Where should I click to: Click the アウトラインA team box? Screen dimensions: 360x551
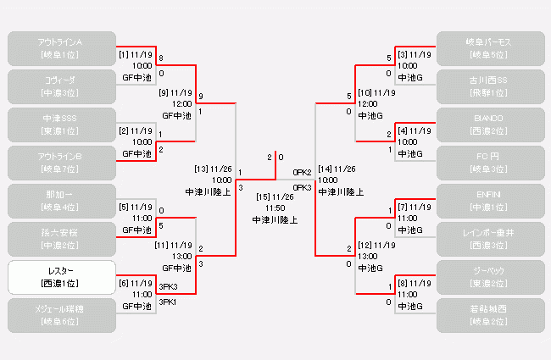point(61,47)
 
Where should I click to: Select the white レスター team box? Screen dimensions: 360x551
point(61,277)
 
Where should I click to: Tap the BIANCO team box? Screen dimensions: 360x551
point(490,124)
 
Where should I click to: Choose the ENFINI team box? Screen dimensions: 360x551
point(490,201)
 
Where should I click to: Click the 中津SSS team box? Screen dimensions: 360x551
point(61,124)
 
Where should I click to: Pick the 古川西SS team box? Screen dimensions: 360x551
point(490,86)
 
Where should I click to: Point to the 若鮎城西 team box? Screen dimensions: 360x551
point(490,315)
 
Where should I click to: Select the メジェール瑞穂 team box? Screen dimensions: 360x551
point(61,315)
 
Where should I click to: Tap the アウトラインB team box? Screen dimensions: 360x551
point(61,162)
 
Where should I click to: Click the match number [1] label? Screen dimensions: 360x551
point(124,54)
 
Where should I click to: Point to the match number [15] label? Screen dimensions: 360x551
point(263,197)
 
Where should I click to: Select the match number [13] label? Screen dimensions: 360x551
point(202,169)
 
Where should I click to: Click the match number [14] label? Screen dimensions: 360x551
point(326,169)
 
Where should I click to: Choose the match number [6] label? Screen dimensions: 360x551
point(124,283)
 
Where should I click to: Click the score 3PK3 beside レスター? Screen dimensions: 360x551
point(168,287)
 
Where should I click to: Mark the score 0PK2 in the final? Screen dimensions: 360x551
point(302,173)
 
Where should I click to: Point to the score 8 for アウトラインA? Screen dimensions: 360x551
point(161,58)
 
